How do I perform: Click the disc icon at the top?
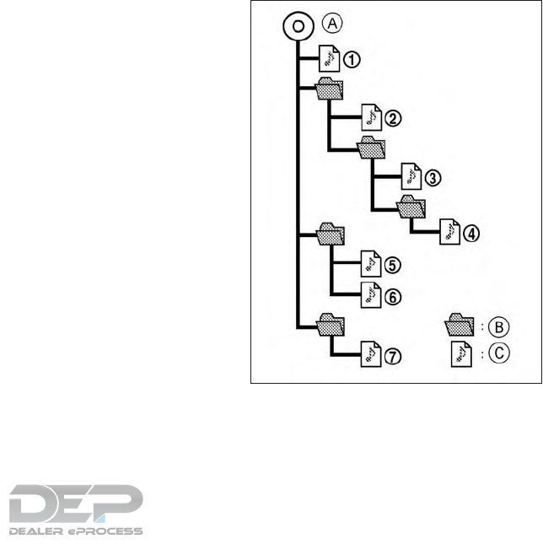[298, 26]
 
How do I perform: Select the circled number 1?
[352, 59]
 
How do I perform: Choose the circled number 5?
[392, 266]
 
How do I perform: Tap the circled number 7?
[392, 357]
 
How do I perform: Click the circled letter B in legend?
[503, 325]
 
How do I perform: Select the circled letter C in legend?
[503, 354]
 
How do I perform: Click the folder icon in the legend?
[460, 324]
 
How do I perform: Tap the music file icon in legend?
[460, 353]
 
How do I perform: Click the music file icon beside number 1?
[330, 58]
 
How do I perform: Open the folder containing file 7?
[329, 322]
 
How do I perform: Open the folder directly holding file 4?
[411, 205]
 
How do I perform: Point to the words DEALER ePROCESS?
[76, 531]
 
